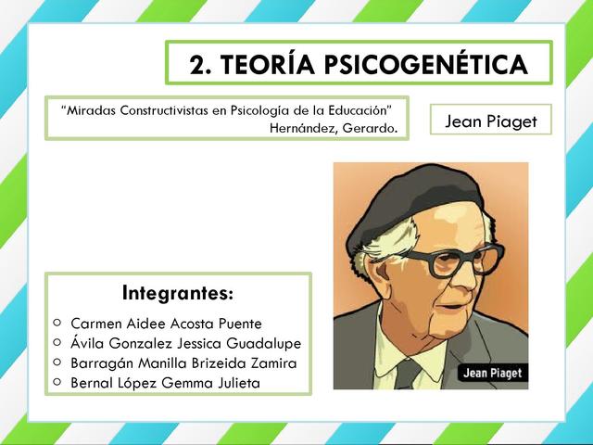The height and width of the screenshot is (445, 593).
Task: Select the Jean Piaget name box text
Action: [490, 121]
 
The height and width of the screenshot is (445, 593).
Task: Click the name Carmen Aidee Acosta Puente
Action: [166, 324]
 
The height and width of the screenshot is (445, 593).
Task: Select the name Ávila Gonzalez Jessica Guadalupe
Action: [185, 343]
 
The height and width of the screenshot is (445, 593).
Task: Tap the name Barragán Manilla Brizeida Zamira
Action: [183, 362]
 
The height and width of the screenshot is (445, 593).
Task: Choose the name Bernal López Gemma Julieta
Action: [165, 382]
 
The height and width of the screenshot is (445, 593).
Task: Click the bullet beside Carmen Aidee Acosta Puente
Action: [57, 323]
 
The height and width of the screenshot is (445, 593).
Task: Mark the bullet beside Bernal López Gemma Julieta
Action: [57, 381]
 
